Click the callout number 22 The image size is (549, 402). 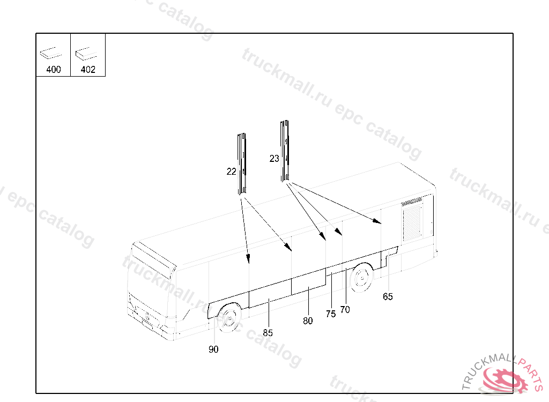click(x=231, y=172)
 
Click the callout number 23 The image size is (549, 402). click(x=274, y=159)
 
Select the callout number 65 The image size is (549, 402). click(x=388, y=296)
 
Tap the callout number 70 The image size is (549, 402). click(x=345, y=310)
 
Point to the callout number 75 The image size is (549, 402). click(x=330, y=314)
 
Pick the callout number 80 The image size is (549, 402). click(x=308, y=321)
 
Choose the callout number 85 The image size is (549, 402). click(x=268, y=333)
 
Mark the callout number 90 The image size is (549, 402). click(x=213, y=349)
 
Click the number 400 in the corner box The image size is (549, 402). click(x=54, y=69)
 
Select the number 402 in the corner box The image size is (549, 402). click(x=88, y=69)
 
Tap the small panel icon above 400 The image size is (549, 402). click(x=51, y=53)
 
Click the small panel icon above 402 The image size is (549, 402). click(x=86, y=53)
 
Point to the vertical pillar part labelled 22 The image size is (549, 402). click(x=242, y=163)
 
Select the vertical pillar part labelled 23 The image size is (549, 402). click(x=285, y=151)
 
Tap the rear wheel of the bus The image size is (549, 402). click(x=362, y=278)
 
